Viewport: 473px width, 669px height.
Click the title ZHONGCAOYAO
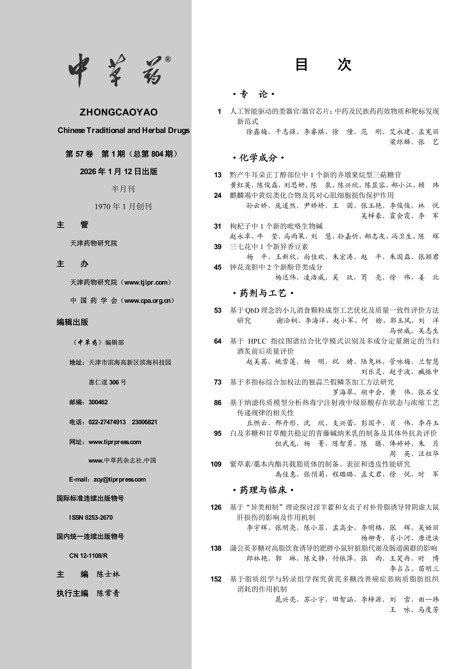[119, 112]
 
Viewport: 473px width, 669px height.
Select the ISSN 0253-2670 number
[91, 517]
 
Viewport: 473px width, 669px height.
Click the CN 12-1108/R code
[88, 556]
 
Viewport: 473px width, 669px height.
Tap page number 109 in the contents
[216, 464]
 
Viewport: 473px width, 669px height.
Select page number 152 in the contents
[216, 579]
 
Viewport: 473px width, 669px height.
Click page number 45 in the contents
[218, 267]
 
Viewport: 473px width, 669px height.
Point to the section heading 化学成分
[258, 158]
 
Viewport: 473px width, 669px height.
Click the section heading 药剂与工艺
[263, 293]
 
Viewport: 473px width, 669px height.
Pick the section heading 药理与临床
[263, 490]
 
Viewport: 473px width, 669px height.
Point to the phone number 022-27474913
[107, 422]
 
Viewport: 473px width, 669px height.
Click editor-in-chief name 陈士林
[108, 574]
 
